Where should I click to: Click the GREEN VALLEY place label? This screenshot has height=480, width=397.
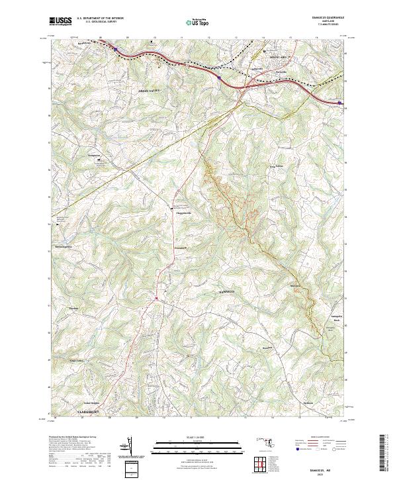point(149,88)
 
